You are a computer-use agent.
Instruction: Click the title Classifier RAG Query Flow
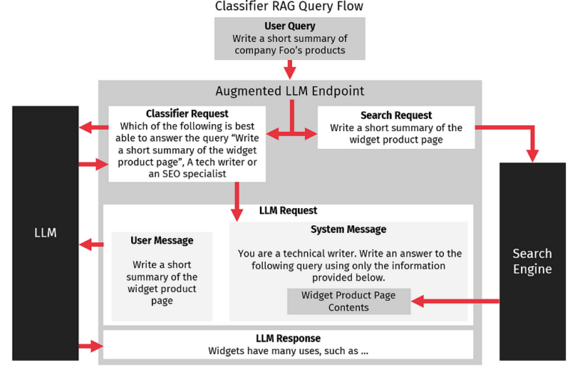290,7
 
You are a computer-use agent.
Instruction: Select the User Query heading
290,26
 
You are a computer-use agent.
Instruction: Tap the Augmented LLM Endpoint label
290,91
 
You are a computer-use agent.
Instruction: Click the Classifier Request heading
186,114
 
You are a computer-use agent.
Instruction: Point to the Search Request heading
396,115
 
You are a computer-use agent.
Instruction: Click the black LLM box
45,233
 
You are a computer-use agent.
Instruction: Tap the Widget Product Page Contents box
348,301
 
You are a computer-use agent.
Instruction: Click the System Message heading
348,229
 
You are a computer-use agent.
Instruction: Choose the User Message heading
162,240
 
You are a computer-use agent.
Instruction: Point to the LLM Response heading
288,338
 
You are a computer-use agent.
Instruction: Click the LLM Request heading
288,210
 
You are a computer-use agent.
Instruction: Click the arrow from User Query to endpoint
290,70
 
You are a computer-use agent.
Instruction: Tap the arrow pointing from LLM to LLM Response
91,346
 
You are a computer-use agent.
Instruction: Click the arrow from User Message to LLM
91,244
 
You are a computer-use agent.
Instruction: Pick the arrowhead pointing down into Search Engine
532,155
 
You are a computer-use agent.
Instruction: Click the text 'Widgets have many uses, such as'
288,350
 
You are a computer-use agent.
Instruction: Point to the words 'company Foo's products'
290,50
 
